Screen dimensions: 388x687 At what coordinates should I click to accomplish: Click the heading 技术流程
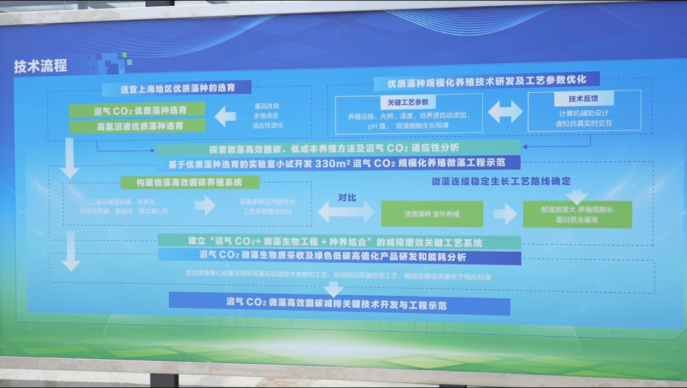click(41, 66)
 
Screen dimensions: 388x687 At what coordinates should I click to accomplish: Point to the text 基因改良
click(267, 106)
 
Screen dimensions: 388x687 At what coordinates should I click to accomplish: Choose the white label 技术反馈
click(583, 99)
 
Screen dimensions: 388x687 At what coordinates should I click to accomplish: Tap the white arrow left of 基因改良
click(225, 116)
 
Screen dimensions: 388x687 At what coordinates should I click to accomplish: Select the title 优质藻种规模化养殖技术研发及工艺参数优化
click(487, 81)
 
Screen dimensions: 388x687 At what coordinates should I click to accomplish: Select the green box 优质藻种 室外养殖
click(432, 214)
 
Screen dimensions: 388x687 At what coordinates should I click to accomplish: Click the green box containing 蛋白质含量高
click(577, 214)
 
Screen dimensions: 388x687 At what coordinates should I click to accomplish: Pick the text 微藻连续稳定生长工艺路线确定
click(501, 181)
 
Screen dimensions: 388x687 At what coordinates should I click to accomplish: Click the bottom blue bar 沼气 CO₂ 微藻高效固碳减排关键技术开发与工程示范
click(339, 305)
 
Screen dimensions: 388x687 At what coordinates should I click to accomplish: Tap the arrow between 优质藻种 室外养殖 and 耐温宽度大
click(504, 214)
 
